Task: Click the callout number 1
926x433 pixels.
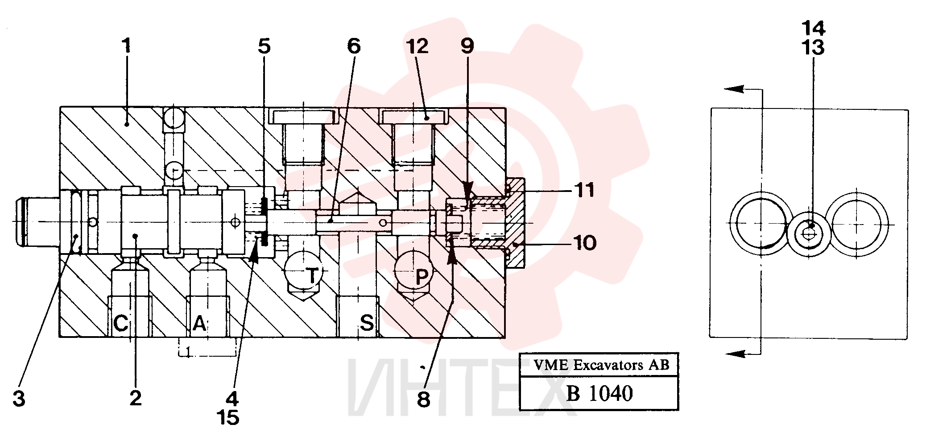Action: click(127, 46)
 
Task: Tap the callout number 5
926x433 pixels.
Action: click(264, 46)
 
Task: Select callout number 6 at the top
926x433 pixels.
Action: click(354, 46)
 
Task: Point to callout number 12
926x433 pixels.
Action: click(418, 46)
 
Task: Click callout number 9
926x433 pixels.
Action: click(467, 46)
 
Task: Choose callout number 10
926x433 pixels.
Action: click(585, 243)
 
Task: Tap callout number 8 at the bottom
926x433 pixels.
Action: click(423, 400)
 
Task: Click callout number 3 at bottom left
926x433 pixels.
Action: click(19, 399)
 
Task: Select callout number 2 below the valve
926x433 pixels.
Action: click(136, 398)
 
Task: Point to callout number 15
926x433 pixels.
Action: click(228, 417)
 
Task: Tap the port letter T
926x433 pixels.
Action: click(313, 275)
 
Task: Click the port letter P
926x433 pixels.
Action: click(422, 277)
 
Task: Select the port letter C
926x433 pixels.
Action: click(121, 323)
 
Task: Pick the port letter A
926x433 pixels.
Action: click(199, 323)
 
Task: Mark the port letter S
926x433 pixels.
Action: click(367, 322)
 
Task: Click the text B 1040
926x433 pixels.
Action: click(599, 393)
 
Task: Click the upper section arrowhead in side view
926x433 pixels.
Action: click(734, 89)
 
